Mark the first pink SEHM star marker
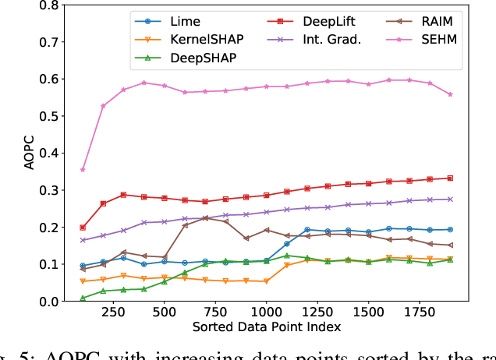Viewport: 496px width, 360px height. coord(83,169)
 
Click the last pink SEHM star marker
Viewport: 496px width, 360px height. coord(449,94)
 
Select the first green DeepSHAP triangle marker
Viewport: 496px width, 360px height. coord(83,298)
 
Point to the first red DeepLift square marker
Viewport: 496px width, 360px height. coord(83,228)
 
